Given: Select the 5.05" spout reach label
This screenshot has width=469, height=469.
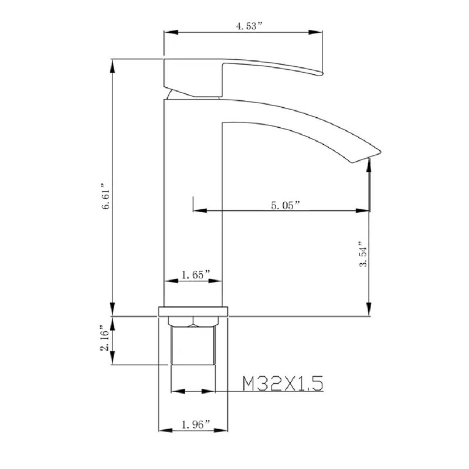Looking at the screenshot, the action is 285,205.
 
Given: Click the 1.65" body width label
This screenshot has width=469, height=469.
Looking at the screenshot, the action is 196,274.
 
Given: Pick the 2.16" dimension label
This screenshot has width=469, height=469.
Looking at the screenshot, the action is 106,338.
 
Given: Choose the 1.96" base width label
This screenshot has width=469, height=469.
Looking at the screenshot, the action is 196,424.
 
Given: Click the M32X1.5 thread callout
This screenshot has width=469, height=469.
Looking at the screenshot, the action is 283,383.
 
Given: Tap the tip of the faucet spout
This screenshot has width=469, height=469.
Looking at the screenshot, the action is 380,152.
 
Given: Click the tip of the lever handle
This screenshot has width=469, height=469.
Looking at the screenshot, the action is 322,73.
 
